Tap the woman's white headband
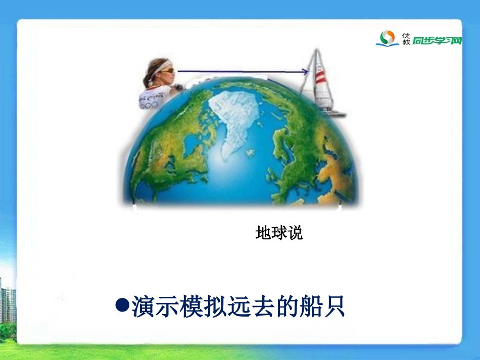click(161, 66)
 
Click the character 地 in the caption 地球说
click(263, 233)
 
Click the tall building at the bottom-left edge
click(7, 303)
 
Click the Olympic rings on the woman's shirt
click(149, 105)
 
